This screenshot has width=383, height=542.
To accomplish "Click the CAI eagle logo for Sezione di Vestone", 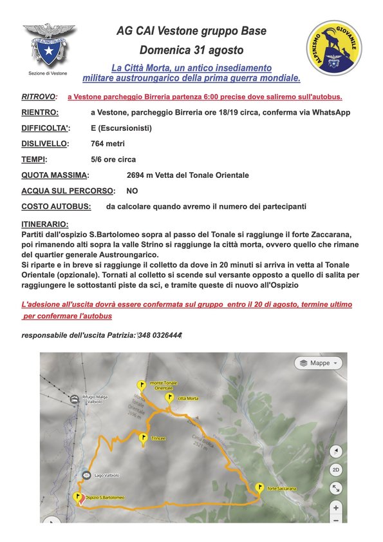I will pos(50,45).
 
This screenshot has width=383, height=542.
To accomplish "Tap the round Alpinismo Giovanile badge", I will pos(333,47).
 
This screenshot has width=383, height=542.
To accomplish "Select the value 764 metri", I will pos(109,143).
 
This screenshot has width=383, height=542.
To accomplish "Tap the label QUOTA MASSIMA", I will pos(55,175).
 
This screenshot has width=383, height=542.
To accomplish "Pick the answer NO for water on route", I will pos(132,191).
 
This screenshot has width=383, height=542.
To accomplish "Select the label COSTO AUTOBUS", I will pos(56,206).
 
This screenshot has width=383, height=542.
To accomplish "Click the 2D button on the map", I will pos(335,470).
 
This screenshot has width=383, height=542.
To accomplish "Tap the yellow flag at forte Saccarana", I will pos(260,488).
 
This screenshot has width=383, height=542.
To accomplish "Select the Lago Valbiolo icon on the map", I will pos(86,475).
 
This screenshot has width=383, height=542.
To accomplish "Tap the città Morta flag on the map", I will pos(169,398).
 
